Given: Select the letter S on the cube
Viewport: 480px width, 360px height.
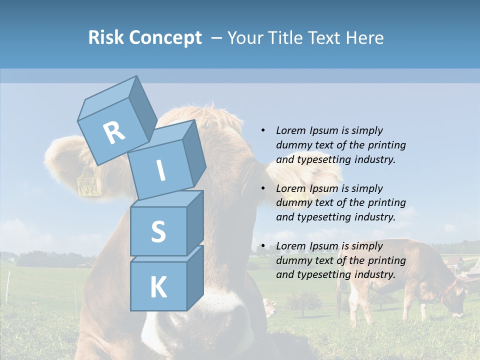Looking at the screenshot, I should coord(158,231).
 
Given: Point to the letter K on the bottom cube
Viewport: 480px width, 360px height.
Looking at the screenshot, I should coord(158,287).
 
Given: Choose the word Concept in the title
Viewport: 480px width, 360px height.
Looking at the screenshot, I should coord(165,38).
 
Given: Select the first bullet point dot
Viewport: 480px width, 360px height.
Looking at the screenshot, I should coord(263,130).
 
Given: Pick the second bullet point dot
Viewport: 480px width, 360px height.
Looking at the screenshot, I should coord(263,188).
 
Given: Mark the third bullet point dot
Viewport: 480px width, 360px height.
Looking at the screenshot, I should coord(263,246).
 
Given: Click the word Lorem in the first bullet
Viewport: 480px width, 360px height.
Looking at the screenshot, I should coord(290,130).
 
